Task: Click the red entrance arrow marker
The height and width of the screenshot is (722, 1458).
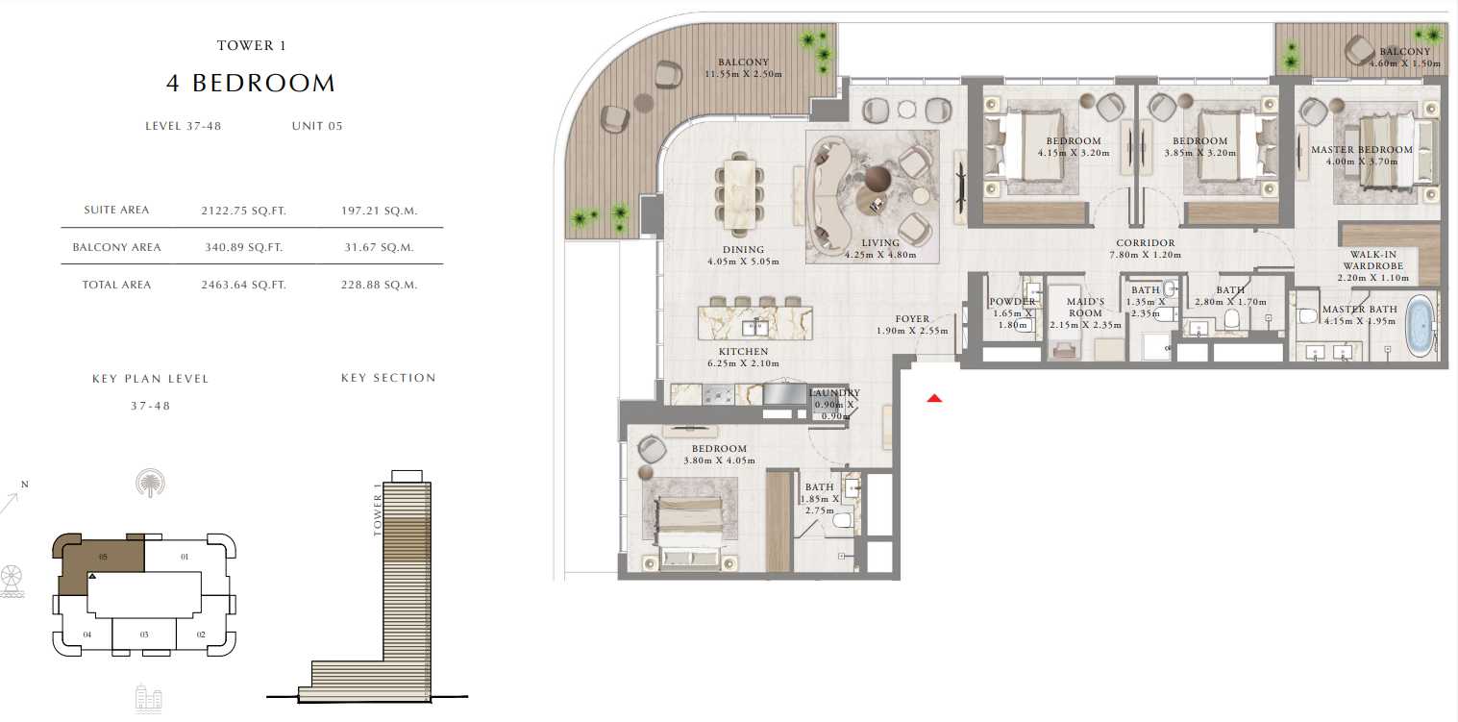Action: pos(934,398)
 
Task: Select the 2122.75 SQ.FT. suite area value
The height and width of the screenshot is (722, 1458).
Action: pos(243,211)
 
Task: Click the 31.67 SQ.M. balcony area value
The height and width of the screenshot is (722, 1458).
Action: pos(379,247)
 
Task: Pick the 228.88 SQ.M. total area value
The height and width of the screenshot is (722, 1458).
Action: pos(379,286)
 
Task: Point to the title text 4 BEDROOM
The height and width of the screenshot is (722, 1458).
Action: pos(251,84)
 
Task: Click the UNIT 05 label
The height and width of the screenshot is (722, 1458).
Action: pos(317,126)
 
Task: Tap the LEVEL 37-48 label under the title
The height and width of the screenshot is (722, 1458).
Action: pos(183,126)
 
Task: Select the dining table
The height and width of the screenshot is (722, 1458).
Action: pos(739,194)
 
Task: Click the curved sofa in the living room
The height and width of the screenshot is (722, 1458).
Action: pos(829,195)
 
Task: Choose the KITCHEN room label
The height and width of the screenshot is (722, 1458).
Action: pos(743,352)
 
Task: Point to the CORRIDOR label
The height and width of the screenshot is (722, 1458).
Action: pos(1146,243)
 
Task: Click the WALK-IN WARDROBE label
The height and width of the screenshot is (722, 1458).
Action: pos(1373,261)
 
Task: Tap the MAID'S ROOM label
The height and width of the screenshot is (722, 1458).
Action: pos(1086,308)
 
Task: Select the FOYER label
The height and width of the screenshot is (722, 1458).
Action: pos(912,319)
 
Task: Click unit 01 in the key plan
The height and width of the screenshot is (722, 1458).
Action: pos(185,558)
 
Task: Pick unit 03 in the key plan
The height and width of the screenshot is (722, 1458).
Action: pos(144,635)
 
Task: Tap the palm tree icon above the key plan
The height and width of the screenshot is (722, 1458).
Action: pos(150,483)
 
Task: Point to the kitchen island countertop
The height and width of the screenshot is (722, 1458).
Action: pos(755,323)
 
